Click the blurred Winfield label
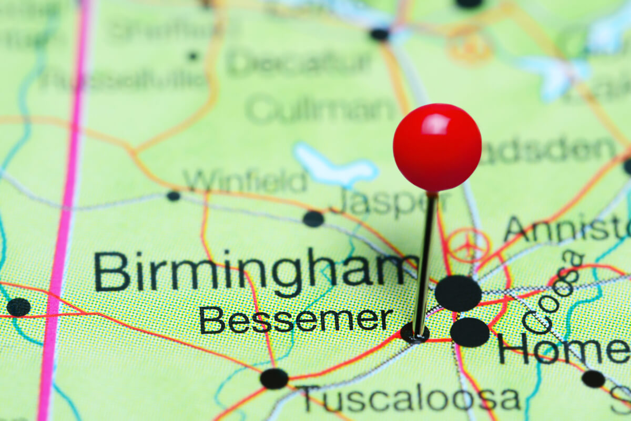click(245, 181)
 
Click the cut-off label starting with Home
click(563, 350)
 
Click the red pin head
click(437, 148)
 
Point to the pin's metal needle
click(424, 263)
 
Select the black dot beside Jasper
click(313, 219)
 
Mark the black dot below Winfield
click(173, 196)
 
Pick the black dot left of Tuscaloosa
click(274, 378)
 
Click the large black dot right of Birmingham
click(458, 293)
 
